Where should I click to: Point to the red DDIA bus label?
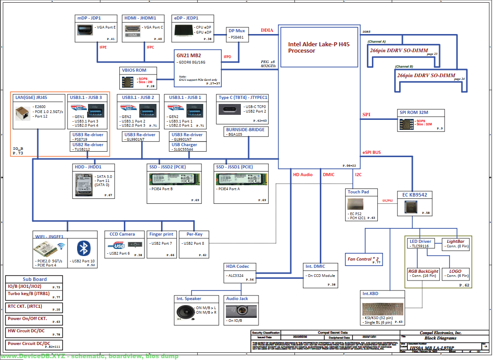click(267, 30)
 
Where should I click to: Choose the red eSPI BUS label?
click(372, 153)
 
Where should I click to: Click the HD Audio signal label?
click(303, 174)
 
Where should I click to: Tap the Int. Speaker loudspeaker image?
click(186, 313)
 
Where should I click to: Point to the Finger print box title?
click(161, 234)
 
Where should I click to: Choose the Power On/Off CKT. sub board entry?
click(27, 319)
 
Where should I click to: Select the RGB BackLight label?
click(423, 271)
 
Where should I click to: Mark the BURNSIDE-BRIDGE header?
click(245, 129)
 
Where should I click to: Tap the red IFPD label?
click(227, 57)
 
